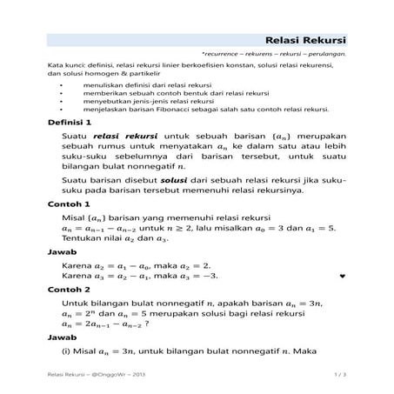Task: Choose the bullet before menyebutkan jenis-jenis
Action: pyautogui.click(x=61, y=102)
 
